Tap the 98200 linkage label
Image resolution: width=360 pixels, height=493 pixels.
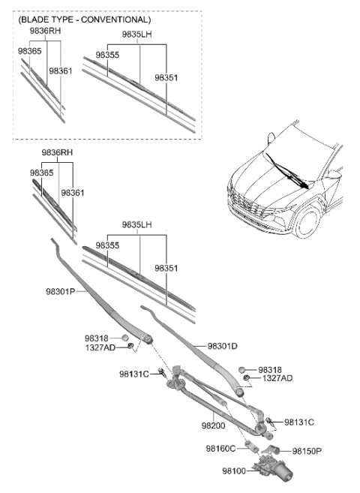pos(213,425)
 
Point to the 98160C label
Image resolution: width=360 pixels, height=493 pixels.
pos(220,449)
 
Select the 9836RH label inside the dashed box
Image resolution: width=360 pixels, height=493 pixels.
pos(46,31)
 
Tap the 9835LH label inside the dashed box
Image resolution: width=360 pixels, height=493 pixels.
pos(137,35)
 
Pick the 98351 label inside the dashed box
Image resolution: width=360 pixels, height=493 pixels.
pos(166,77)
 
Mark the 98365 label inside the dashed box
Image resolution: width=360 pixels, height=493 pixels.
pos(31,50)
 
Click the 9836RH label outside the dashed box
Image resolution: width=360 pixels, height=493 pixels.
pos(57,152)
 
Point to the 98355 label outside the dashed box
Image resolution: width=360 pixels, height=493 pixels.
pos(106,245)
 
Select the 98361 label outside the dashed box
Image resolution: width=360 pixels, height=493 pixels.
pos(73,193)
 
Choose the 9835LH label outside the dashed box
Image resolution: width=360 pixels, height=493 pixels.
pos(136,224)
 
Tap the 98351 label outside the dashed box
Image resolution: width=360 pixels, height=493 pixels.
pos(166,268)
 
